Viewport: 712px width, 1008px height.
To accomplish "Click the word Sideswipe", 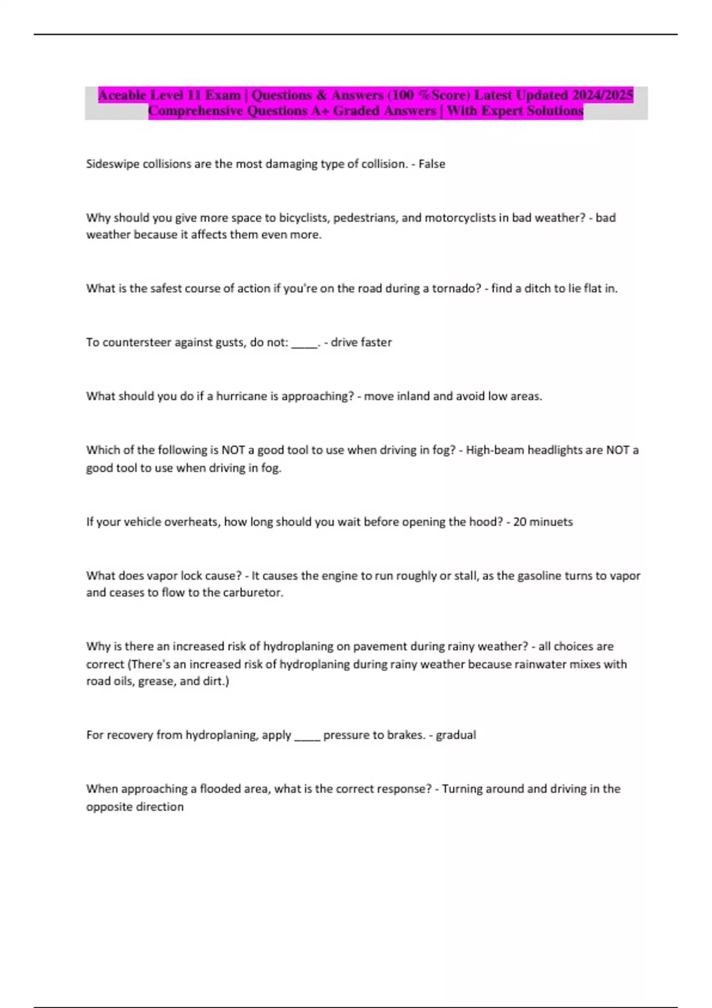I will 113,164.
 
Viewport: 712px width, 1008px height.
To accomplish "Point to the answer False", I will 432,164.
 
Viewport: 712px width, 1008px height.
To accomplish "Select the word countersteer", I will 137,343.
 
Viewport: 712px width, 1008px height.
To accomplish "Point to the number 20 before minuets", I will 520,522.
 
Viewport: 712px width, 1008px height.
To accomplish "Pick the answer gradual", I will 456,735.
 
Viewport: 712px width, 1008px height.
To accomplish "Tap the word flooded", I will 223,789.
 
